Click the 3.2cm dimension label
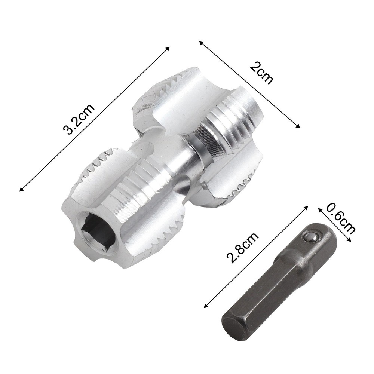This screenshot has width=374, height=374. tap(79, 119)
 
